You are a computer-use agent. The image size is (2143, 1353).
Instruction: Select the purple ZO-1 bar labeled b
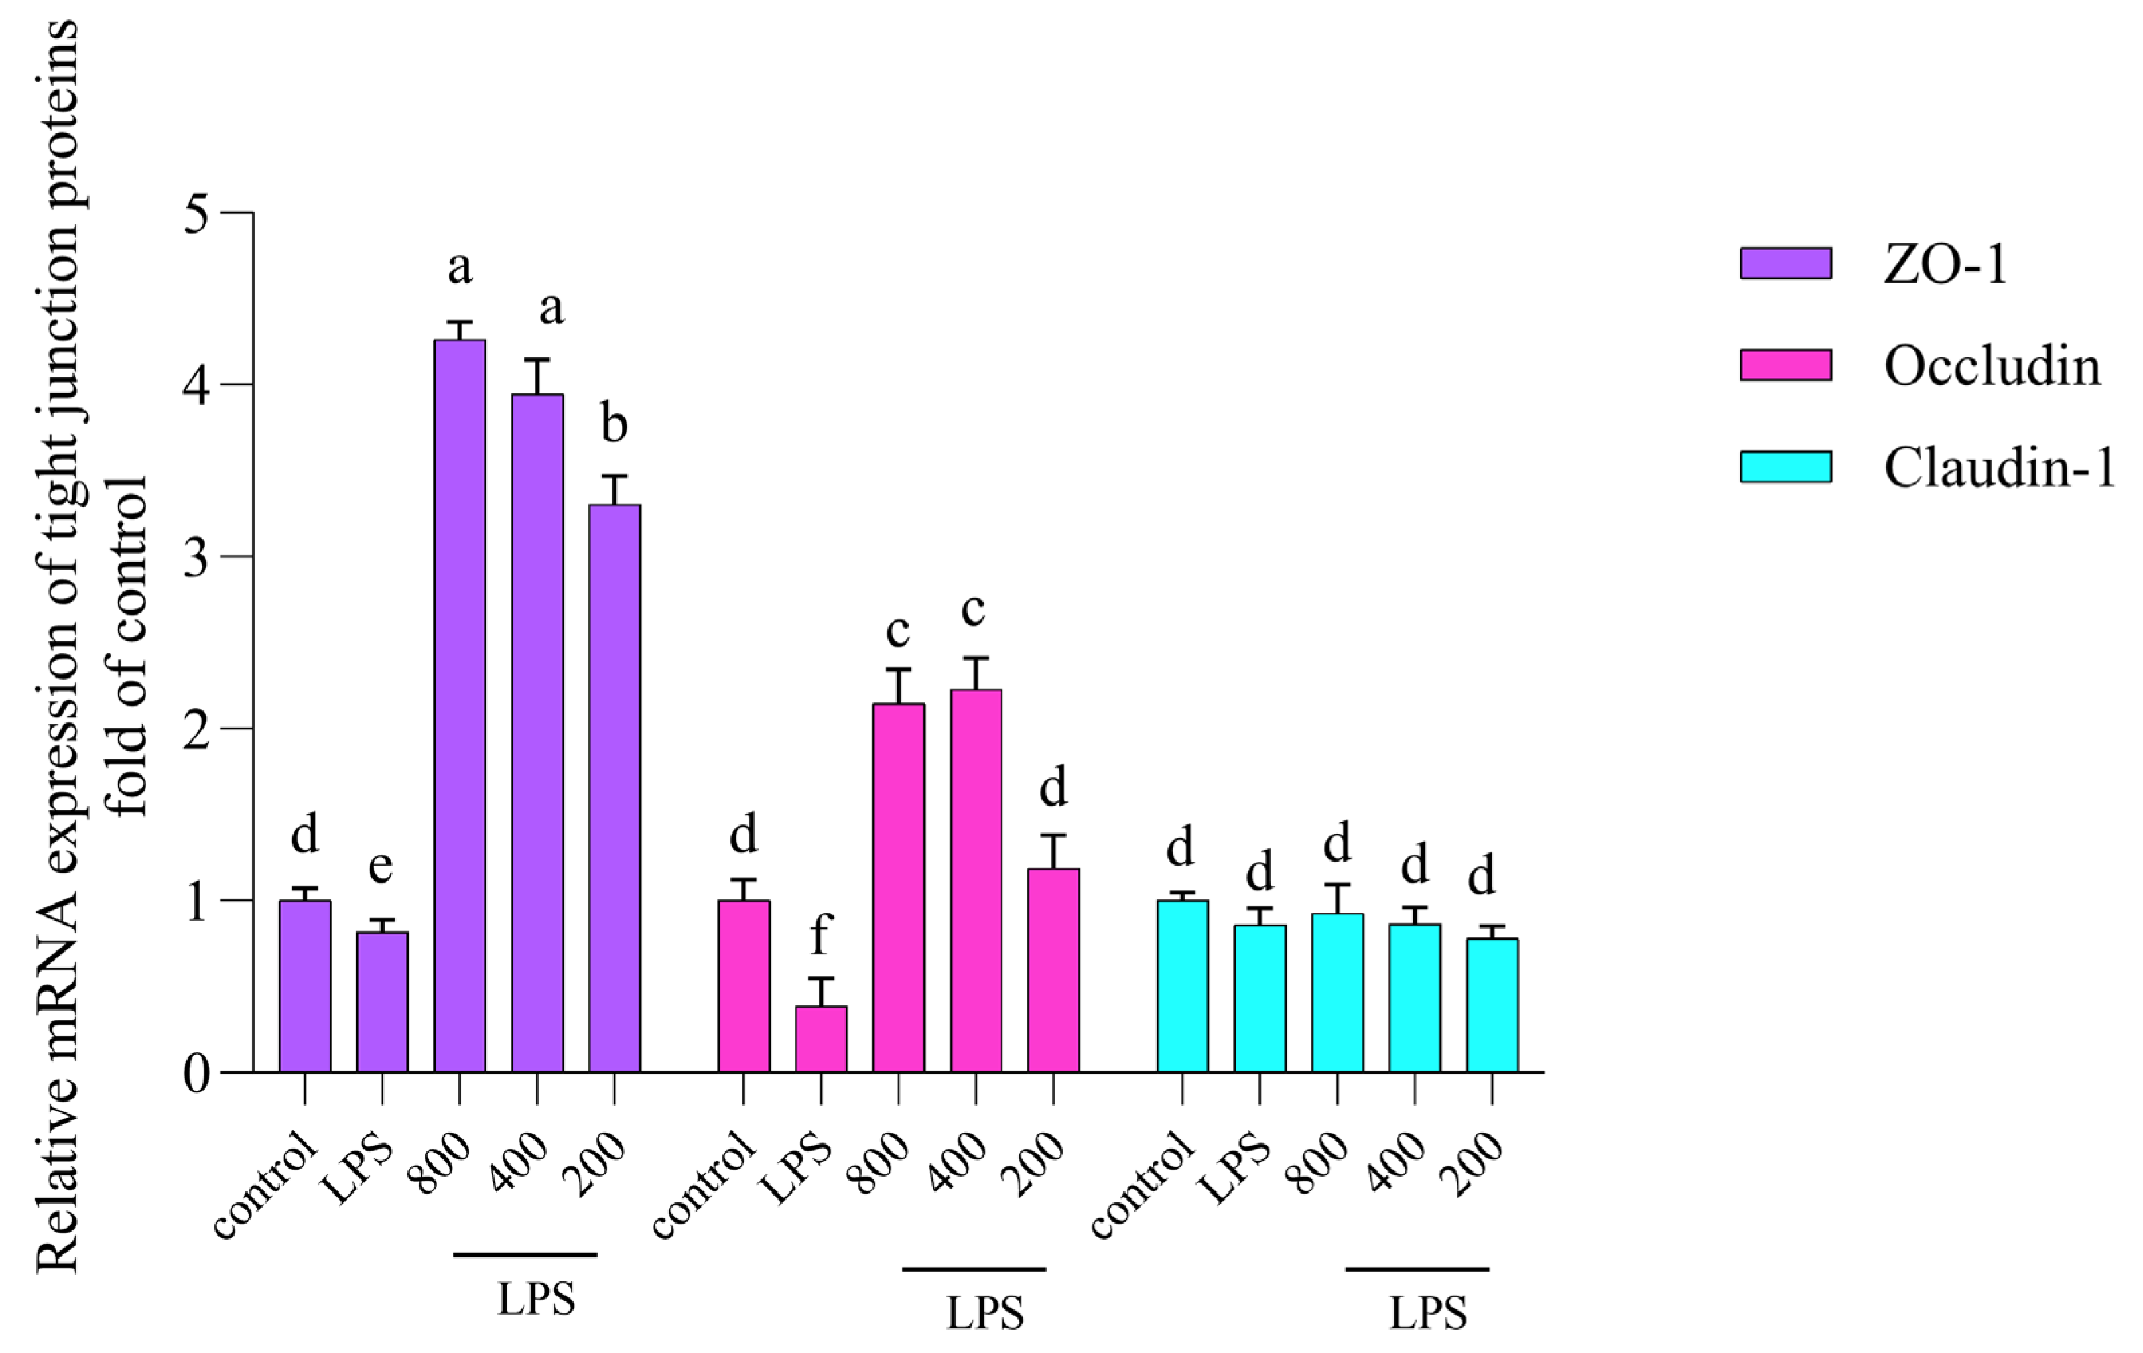[x=614, y=788]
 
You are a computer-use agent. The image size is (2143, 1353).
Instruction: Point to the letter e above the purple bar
[x=381, y=866]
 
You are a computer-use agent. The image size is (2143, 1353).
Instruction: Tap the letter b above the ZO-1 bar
[x=614, y=423]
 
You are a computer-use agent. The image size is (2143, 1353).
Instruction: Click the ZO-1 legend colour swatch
[x=1785, y=263]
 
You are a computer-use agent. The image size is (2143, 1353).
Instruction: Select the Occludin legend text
[x=1992, y=365]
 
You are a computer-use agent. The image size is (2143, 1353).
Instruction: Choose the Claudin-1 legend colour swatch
[x=1785, y=466]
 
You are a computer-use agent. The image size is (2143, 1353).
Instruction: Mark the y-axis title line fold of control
[x=127, y=645]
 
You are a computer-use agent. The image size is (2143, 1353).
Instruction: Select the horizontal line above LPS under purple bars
[x=525, y=1254]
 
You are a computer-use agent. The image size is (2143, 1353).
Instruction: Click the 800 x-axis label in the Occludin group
[x=879, y=1163]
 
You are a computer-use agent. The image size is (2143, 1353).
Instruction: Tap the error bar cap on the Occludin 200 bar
[x=1053, y=835]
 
